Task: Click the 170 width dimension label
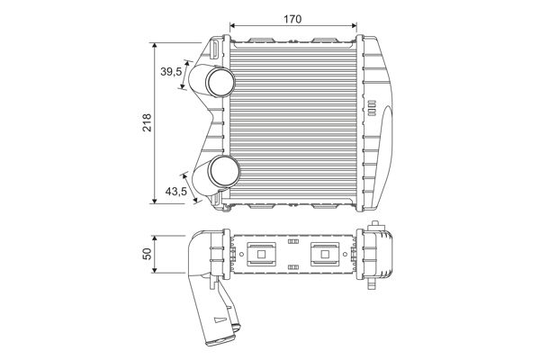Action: point(292,19)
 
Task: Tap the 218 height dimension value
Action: point(147,122)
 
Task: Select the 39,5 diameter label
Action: point(171,72)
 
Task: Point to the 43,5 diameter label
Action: point(176,191)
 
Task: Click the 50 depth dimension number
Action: point(147,254)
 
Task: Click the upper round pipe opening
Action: point(220,82)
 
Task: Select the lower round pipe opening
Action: point(224,171)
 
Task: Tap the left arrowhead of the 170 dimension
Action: point(232,25)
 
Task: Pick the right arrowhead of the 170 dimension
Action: point(354,25)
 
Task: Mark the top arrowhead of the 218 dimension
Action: point(154,46)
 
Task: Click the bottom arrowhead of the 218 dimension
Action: point(154,201)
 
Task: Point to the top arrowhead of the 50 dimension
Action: point(154,238)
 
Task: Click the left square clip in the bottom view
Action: point(261,254)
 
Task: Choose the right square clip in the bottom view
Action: point(325,254)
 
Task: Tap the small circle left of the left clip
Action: point(241,254)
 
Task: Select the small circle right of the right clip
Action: point(345,254)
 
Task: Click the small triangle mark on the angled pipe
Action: point(218,320)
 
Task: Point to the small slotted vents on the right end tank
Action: point(372,108)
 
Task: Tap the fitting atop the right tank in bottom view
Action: point(375,226)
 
